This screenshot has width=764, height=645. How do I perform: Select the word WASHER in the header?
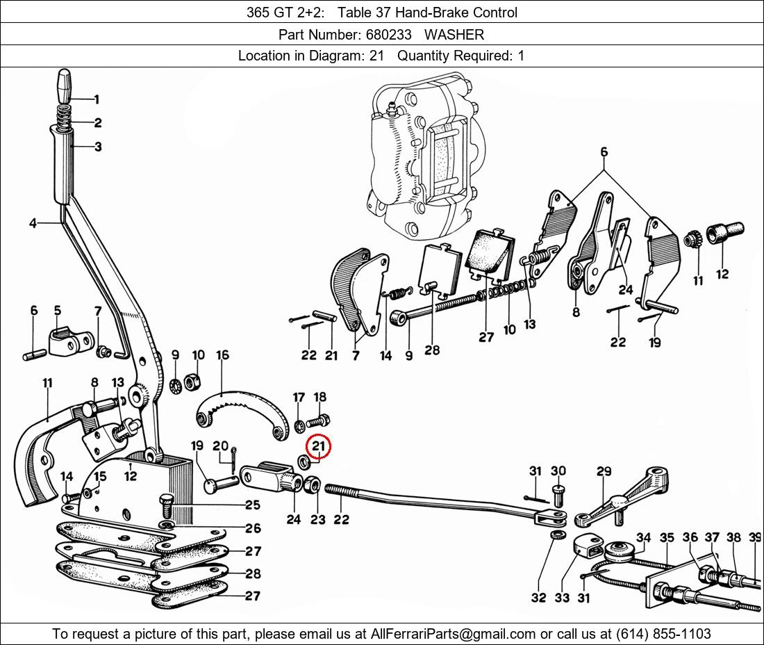click(454, 34)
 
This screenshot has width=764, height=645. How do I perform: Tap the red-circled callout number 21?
click(319, 446)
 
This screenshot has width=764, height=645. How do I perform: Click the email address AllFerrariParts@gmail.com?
click(454, 633)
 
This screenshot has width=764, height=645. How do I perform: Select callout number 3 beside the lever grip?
click(98, 147)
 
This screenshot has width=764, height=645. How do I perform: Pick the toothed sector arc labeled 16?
click(240, 413)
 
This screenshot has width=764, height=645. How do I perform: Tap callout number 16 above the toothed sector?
click(222, 356)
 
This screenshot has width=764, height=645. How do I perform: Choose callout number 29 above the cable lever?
click(604, 471)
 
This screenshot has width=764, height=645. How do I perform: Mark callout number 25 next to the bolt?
click(252, 505)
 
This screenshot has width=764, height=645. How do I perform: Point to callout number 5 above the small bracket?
click(57, 310)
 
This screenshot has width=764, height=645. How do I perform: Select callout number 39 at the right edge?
click(756, 537)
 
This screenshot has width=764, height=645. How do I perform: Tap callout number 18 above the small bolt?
click(319, 397)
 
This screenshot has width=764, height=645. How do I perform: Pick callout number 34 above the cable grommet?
click(643, 537)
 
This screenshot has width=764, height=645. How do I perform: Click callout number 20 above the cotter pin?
click(220, 446)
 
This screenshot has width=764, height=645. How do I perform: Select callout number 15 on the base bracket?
click(100, 476)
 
